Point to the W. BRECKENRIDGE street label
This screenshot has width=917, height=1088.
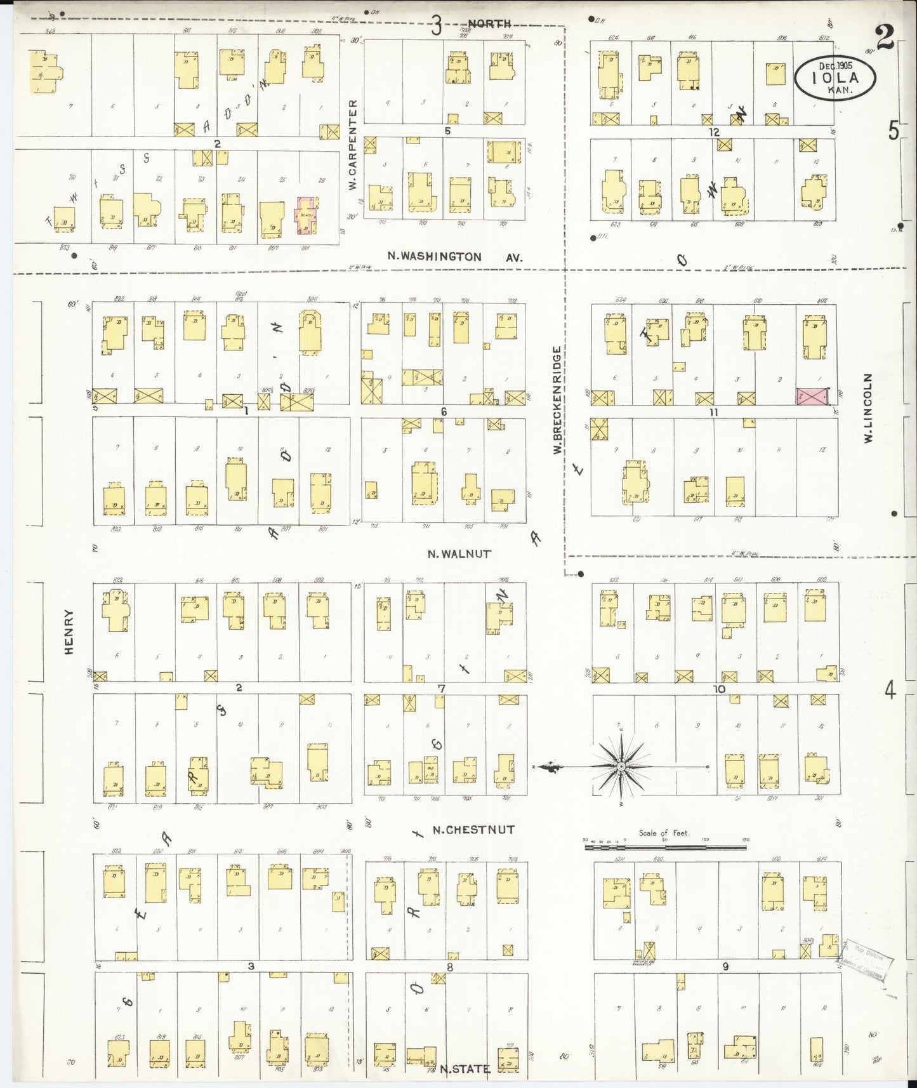click(557, 400)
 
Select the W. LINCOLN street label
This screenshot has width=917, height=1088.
click(868, 408)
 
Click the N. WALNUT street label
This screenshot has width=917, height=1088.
click(459, 554)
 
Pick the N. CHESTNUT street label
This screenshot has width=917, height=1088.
click(473, 830)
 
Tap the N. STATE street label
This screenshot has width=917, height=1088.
click(465, 1069)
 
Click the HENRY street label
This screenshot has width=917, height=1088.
click(69, 631)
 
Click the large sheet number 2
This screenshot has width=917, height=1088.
click(885, 36)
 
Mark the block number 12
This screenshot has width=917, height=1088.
click(715, 132)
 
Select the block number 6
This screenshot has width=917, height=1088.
click(444, 412)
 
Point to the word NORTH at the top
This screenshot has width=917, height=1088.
click(489, 23)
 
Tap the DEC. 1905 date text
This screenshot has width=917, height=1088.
click(835, 65)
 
